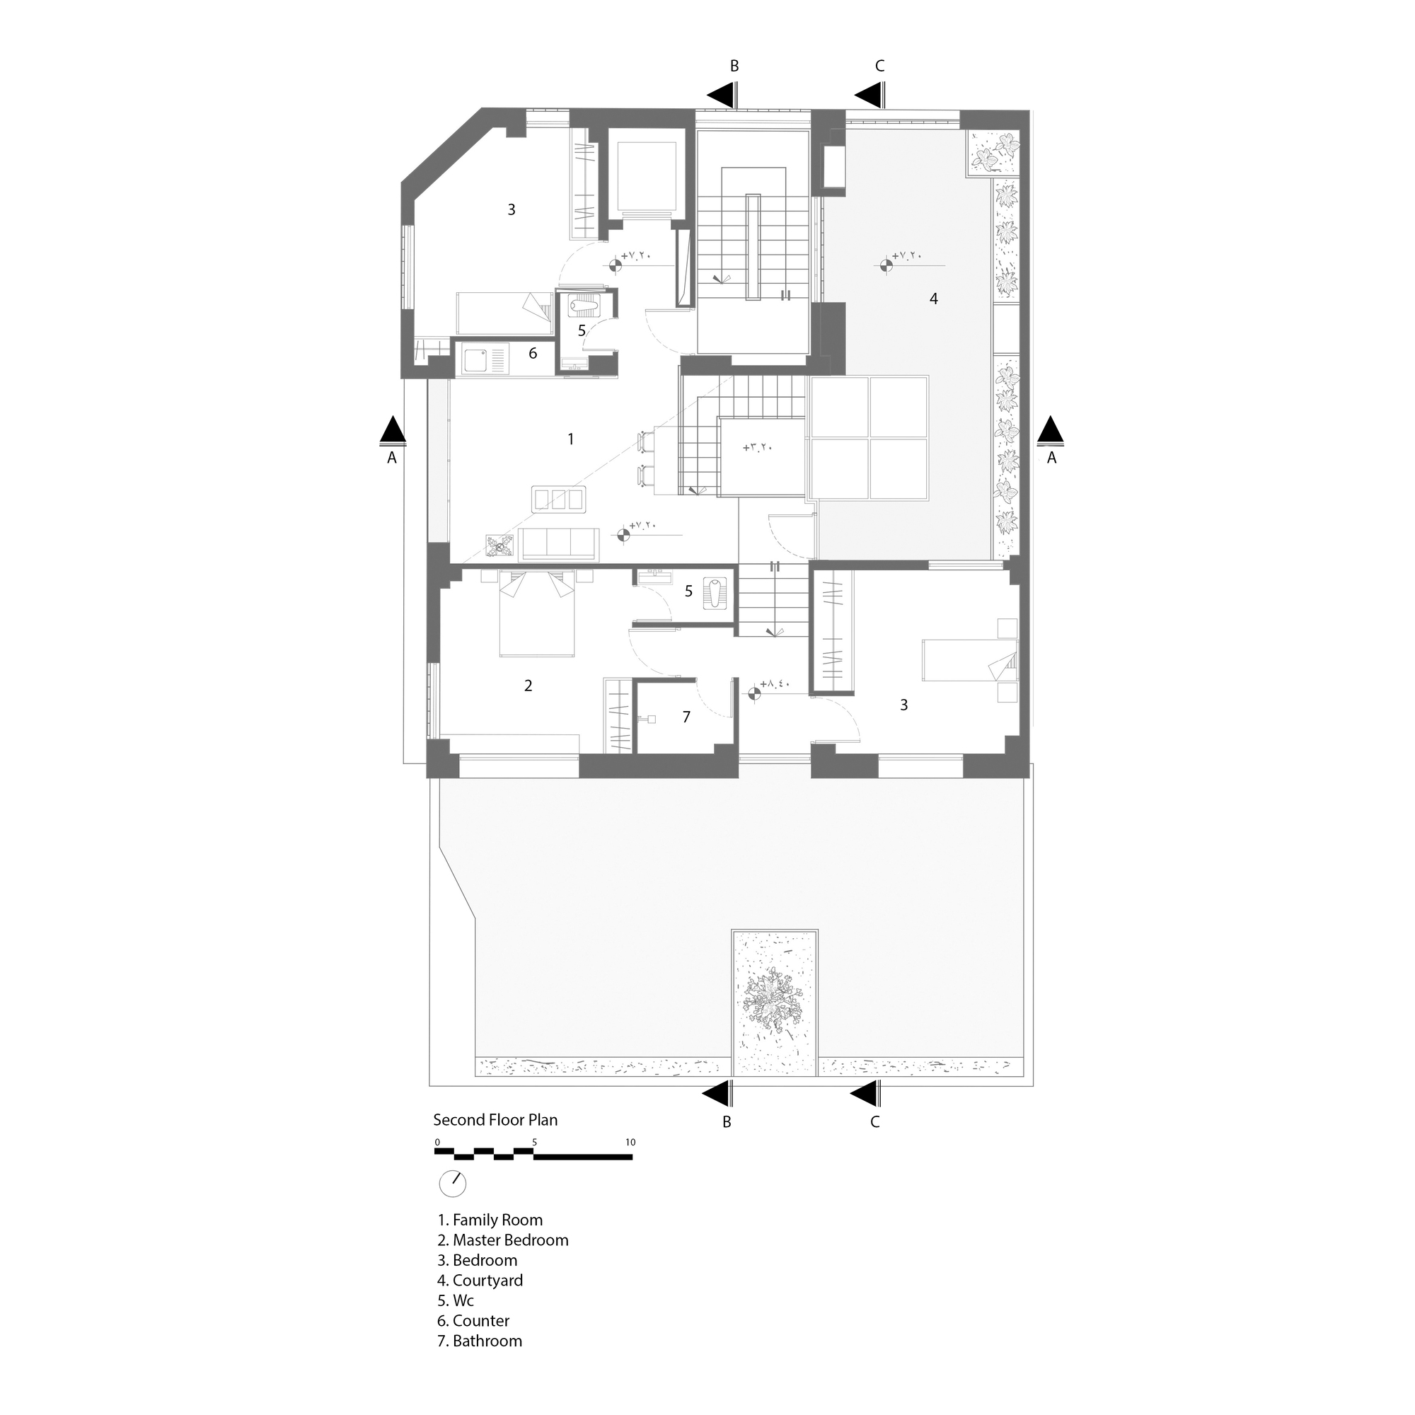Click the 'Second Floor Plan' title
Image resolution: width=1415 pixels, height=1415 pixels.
(495, 1120)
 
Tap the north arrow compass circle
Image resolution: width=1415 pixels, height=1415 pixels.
(452, 1184)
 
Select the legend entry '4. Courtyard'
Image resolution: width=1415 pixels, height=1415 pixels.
(480, 1281)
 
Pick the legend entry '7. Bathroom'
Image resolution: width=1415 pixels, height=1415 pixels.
(480, 1341)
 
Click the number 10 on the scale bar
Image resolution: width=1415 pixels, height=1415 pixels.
(630, 1142)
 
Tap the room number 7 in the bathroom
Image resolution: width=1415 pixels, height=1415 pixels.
(686, 717)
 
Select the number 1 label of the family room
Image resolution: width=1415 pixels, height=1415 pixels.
(570, 439)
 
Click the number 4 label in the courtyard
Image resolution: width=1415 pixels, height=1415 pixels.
(933, 298)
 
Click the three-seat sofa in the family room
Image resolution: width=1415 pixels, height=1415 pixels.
(559, 544)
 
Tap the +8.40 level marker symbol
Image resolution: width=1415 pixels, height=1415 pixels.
(753, 692)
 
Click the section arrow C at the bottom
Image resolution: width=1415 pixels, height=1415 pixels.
(865, 1095)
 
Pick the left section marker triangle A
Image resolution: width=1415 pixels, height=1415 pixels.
(393, 430)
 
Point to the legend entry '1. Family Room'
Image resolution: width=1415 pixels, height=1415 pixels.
(490, 1220)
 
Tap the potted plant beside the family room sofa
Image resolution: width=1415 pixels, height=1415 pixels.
(501, 544)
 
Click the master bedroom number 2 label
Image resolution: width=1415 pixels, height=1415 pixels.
(528, 686)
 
